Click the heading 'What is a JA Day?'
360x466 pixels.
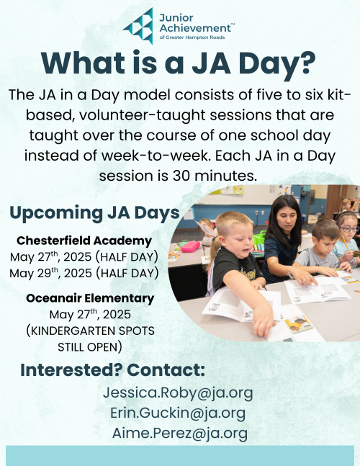point(179,63)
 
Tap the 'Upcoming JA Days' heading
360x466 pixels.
point(95,213)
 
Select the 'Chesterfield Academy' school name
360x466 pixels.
point(84,241)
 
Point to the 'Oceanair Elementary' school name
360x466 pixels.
point(90,297)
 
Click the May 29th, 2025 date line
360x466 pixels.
point(84,273)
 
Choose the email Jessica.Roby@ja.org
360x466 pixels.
point(178,393)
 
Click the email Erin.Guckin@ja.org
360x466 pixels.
point(178,413)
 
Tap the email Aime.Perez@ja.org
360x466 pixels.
point(180,434)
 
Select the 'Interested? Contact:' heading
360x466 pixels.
point(112,370)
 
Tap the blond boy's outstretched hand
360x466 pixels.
point(264,323)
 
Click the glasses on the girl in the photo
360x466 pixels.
point(348,229)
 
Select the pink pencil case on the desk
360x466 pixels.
point(190,246)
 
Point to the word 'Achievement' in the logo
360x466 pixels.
point(195,28)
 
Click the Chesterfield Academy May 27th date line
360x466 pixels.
point(84,257)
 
